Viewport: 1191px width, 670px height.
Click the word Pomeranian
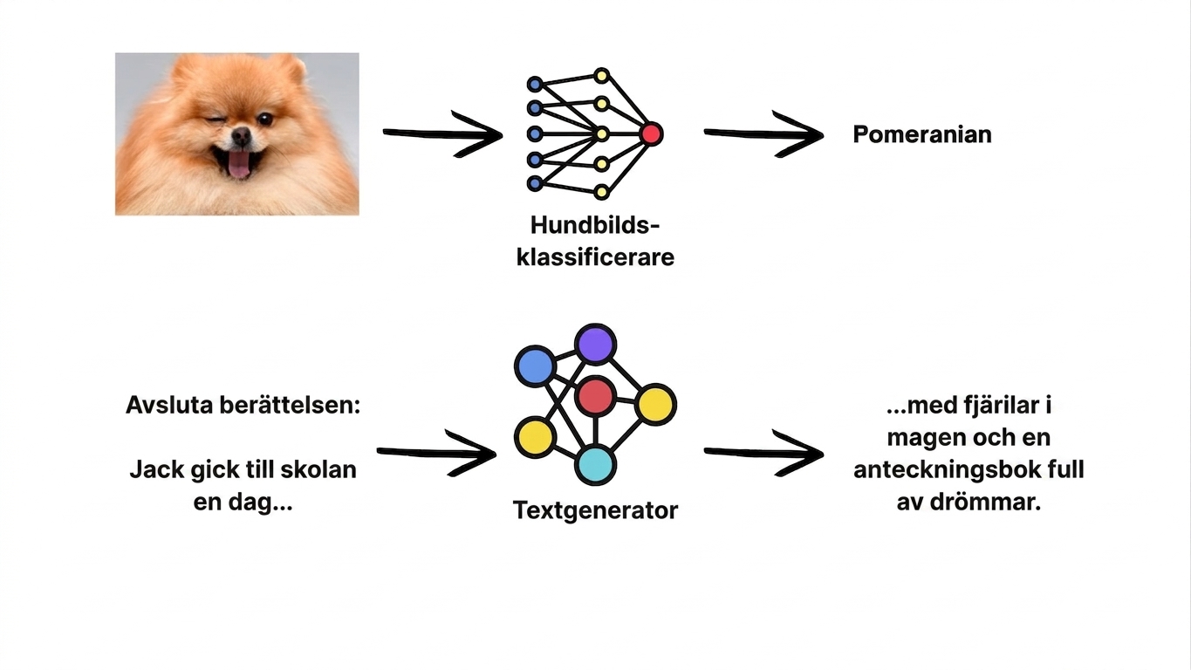pyautogui.click(x=922, y=134)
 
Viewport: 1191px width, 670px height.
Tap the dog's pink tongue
pyautogui.click(x=238, y=165)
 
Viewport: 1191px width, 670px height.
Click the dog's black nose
pyautogui.click(x=242, y=136)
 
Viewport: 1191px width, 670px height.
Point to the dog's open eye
pyautogui.click(x=264, y=120)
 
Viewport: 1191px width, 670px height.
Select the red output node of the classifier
pyautogui.click(x=651, y=133)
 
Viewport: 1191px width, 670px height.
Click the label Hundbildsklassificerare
pyautogui.click(x=595, y=242)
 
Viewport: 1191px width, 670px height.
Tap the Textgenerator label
pyautogui.click(x=595, y=510)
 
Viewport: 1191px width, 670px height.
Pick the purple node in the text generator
pyautogui.click(x=595, y=344)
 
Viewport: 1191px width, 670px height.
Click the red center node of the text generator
pyautogui.click(x=595, y=396)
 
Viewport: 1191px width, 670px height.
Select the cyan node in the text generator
pyautogui.click(x=595, y=465)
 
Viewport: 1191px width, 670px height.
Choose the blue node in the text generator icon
pyautogui.click(x=535, y=366)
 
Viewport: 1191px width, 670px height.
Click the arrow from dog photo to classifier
pyautogui.click(x=443, y=134)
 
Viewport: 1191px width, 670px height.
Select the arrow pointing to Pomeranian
pyautogui.click(x=764, y=134)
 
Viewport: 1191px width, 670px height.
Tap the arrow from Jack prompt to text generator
pyautogui.click(x=436, y=453)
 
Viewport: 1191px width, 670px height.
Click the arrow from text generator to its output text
pyautogui.click(x=764, y=453)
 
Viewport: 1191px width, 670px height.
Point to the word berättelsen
pyautogui.click(x=291, y=405)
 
